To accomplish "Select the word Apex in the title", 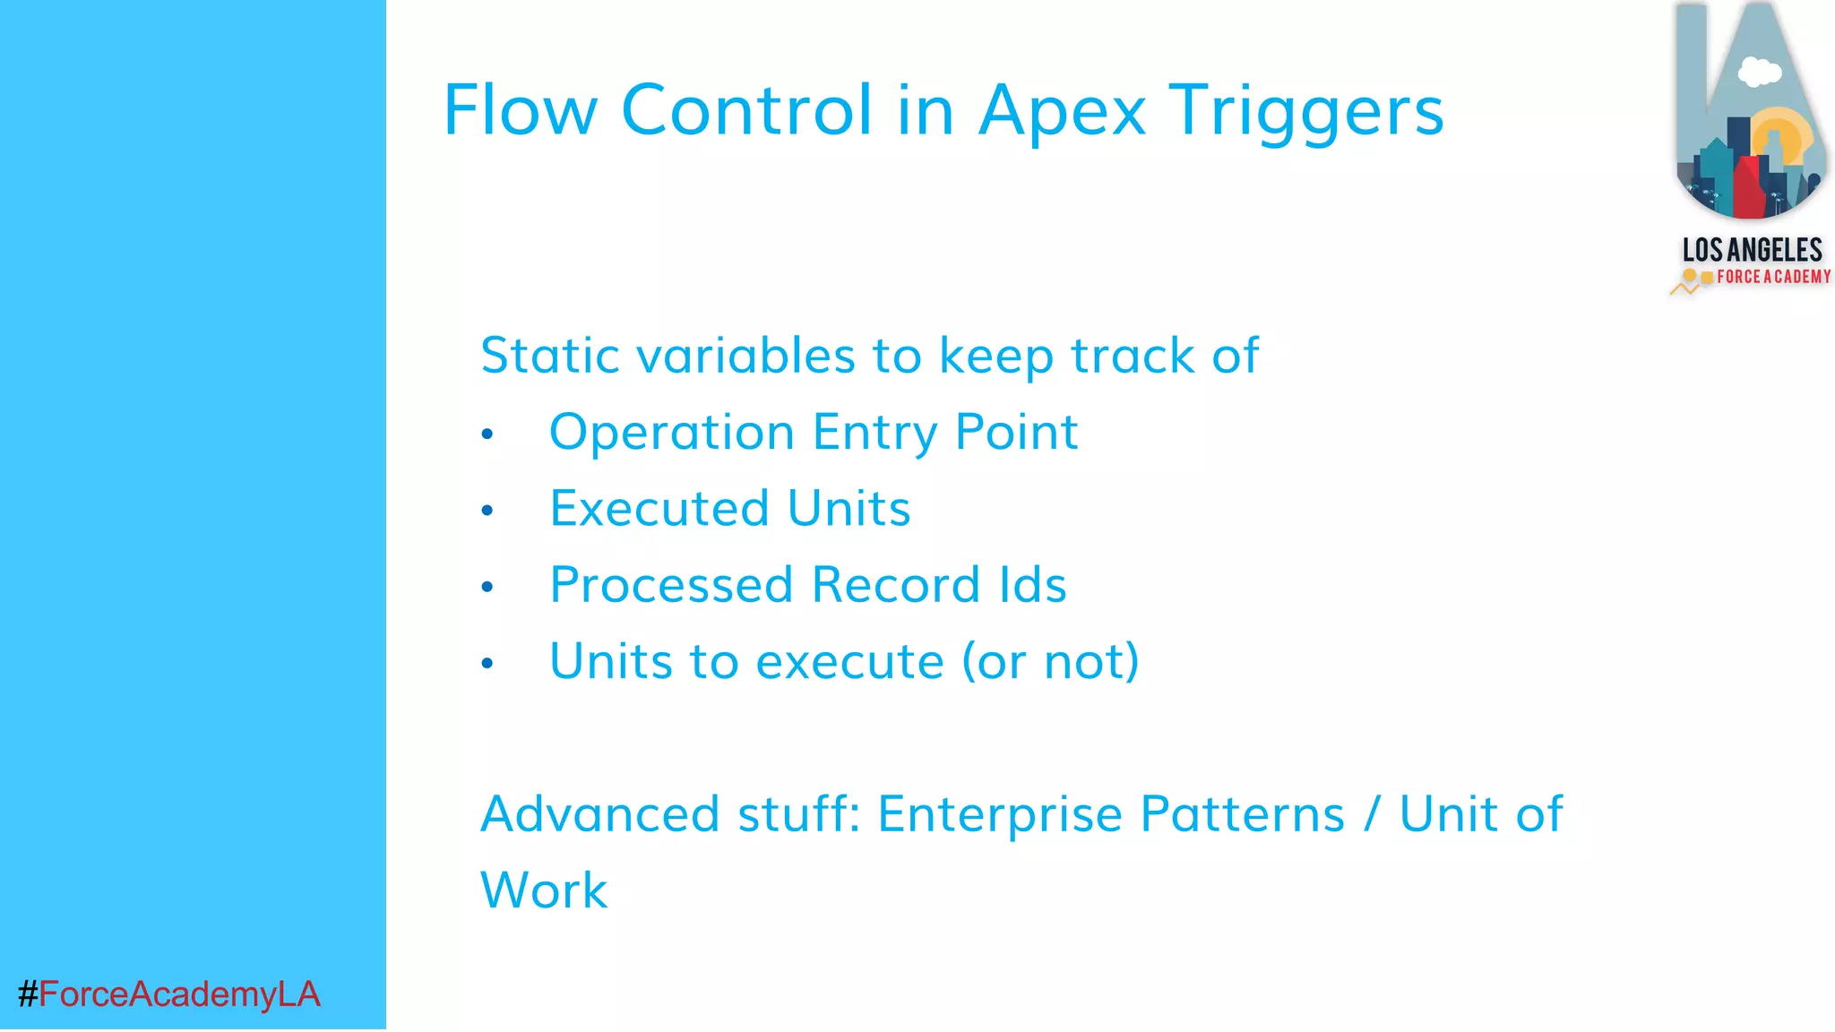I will tap(1062, 111).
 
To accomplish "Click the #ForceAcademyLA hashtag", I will tap(168, 994).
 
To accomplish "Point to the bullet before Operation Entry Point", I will tap(487, 434).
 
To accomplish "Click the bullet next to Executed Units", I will tap(487, 511).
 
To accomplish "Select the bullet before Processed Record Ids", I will tap(487, 587).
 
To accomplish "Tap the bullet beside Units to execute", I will tap(487, 663).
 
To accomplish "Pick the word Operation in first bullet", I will tap(671, 433).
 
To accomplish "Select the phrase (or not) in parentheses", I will tap(1050, 662).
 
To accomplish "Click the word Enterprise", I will tap(1000, 814).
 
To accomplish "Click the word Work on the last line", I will tap(544, 890).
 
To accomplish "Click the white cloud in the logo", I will tap(1759, 72).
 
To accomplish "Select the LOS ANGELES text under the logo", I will tap(1752, 249).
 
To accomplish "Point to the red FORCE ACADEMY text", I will tap(1773, 277).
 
